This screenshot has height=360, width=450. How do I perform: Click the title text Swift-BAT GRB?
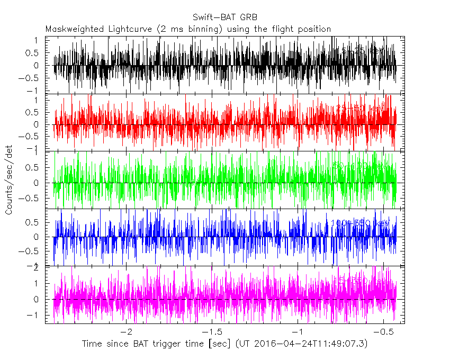point(226,17)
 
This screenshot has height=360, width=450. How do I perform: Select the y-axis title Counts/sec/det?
point(9,183)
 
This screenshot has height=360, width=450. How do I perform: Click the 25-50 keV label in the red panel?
point(360,109)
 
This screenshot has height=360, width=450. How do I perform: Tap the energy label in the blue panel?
point(360,223)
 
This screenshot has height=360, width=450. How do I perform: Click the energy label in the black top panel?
point(363,51)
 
